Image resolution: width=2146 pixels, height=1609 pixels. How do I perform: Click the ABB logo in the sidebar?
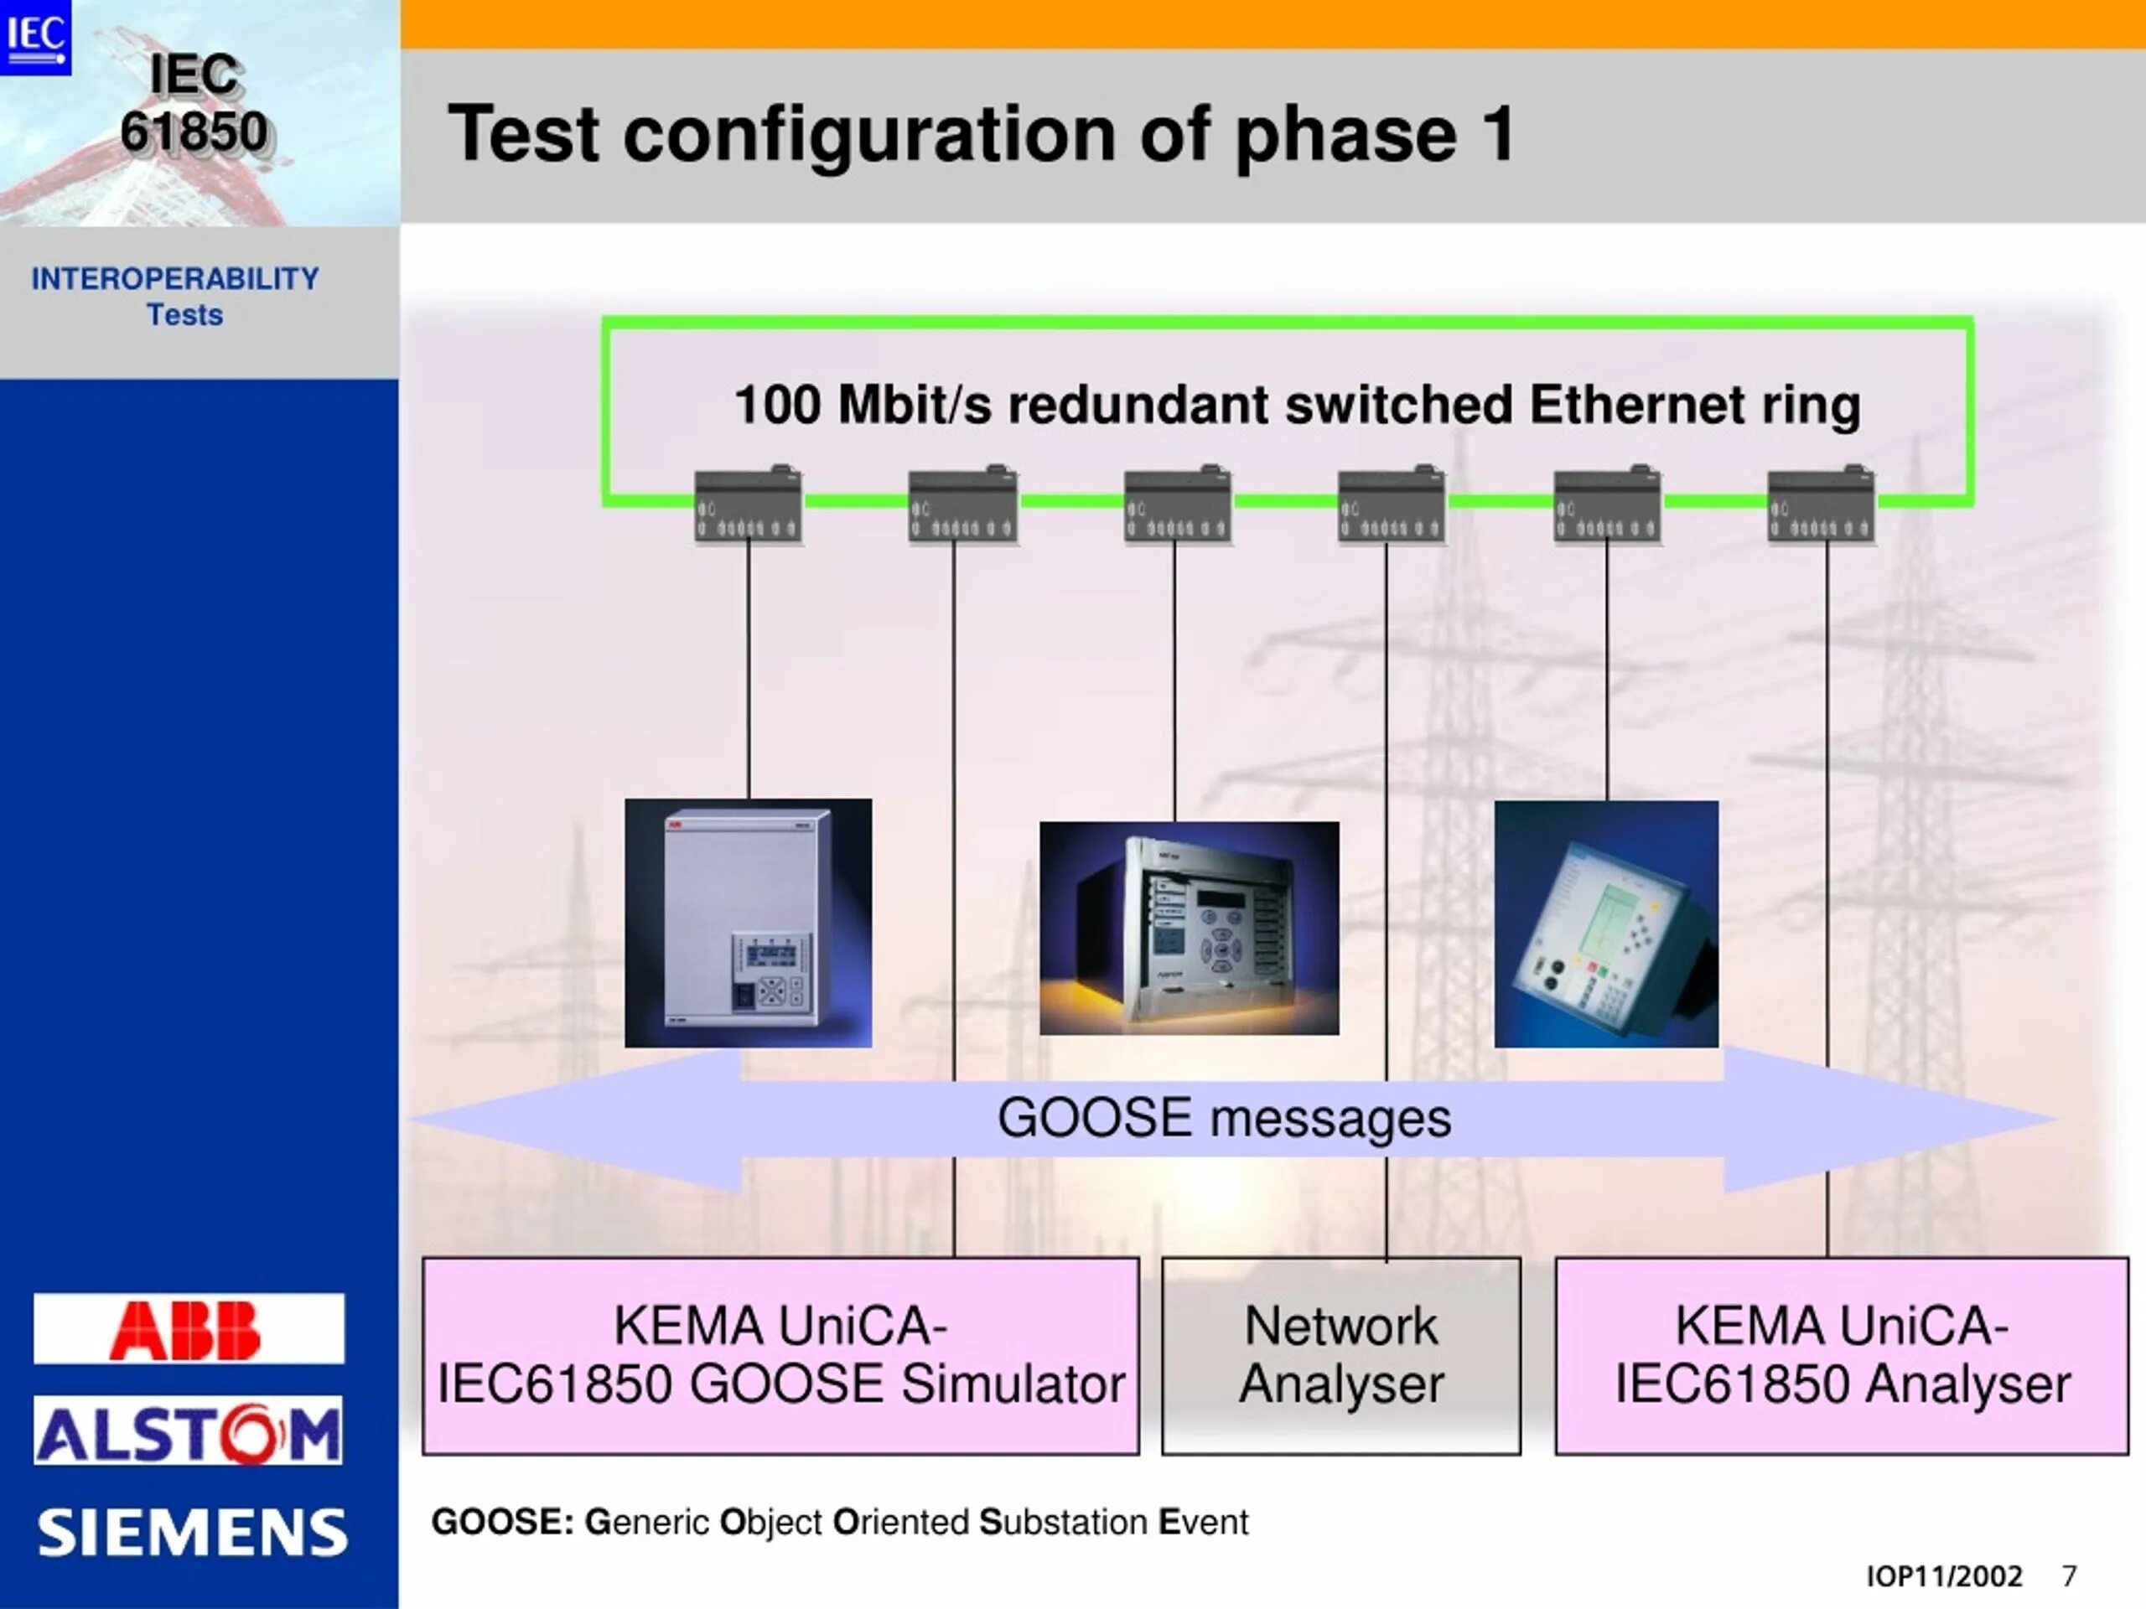[189, 1327]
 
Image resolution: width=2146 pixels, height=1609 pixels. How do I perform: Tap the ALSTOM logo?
[189, 1431]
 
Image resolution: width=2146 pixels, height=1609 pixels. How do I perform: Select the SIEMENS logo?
[192, 1533]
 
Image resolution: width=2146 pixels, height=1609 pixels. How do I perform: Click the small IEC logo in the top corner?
[36, 37]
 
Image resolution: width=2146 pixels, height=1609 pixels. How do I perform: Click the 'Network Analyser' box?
[1340, 1356]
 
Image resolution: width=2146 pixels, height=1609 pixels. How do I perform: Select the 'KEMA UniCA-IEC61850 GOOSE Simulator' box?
[781, 1356]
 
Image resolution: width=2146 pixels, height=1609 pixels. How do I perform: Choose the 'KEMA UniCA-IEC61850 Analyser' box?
[1842, 1356]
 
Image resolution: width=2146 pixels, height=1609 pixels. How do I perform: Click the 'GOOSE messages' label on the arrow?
[1225, 1117]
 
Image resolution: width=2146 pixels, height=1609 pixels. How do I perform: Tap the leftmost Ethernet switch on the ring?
[748, 504]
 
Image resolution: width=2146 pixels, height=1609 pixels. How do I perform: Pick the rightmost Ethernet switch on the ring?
[1821, 504]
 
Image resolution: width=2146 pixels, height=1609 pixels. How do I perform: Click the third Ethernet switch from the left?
[1178, 504]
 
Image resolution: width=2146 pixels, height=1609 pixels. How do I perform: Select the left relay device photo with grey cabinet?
[748, 923]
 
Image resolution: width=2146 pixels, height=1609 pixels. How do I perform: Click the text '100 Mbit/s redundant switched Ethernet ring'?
[1297, 406]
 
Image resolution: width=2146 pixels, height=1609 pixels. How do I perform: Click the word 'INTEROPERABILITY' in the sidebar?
[174, 279]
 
